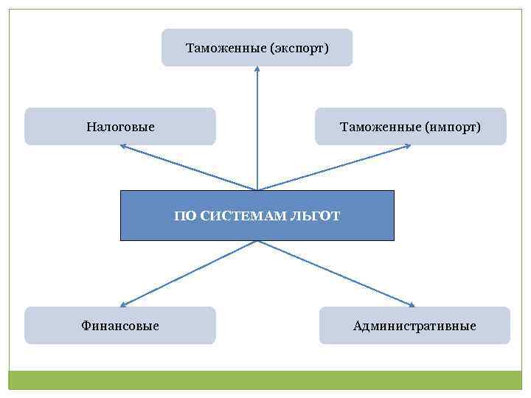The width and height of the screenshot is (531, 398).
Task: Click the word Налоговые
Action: (x=120, y=127)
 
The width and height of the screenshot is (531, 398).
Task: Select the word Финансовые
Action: (x=120, y=325)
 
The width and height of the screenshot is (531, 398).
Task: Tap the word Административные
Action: (x=414, y=325)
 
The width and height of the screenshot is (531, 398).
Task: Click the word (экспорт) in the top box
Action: (x=299, y=48)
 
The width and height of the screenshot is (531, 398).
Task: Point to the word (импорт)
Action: (x=453, y=127)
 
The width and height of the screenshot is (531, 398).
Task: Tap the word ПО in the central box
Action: (x=185, y=216)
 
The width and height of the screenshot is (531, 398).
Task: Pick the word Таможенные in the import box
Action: (x=381, y=127)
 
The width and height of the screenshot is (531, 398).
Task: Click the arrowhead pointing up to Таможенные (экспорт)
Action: (x=257, y=69)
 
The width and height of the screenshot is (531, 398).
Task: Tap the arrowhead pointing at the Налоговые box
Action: (x=124, y=147)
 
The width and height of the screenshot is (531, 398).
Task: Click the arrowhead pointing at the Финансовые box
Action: (x=124, y=304)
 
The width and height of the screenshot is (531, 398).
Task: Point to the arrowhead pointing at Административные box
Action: (x=412, y=304)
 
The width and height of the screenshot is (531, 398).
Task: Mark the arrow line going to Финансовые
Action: (x=188, y=273)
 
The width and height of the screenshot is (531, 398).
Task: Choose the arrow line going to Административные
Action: (x=336, y=273)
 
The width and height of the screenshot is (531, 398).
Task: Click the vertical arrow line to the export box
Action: (x=257, y=129)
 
